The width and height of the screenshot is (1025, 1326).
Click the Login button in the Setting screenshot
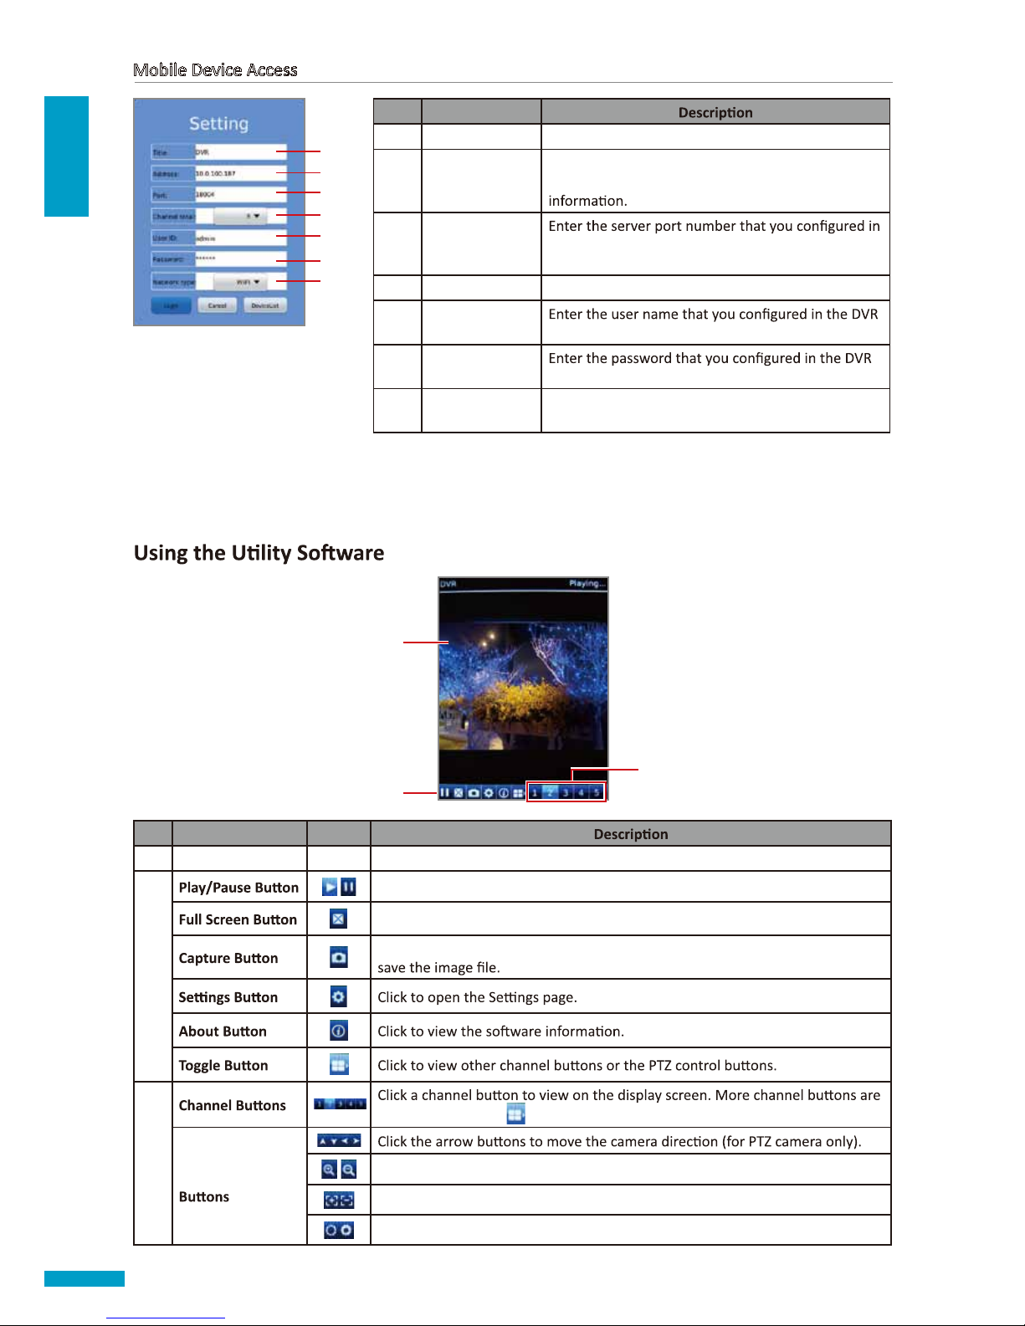[x=171, y=305]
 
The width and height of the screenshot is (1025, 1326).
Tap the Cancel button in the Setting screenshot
[x=217, y=305]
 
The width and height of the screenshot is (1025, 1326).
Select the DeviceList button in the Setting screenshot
[x=265, y=305]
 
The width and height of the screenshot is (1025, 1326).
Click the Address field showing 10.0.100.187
[x=240, y=173]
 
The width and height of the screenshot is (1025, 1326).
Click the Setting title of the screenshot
[x=218, y=124]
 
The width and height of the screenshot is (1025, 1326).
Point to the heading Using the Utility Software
[x=259, y=553]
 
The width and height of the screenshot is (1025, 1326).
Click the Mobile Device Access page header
[x=215, y=70]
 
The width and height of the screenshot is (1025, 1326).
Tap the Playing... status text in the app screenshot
[x=586, y=584]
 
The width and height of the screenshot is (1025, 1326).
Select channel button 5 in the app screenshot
[x=597, y=792]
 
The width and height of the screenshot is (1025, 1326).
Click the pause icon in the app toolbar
[x=445, y=792]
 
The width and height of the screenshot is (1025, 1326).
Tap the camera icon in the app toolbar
[x=474, y=792]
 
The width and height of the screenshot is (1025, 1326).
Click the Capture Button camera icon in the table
[x=338, y=957]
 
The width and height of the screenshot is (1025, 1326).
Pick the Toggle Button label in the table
[x=223, y=1065]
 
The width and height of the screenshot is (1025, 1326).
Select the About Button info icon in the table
[x=338, y=1031]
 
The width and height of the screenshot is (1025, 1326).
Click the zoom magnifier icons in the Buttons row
[x=338, y=1170]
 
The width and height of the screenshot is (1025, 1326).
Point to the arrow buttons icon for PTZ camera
[x=338, y=1140]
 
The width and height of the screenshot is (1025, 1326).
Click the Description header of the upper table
[x=715, y=112]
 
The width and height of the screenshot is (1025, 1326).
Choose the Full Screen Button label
[x=238, y=919]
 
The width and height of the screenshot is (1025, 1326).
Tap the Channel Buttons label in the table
[x=232, y=1105]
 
